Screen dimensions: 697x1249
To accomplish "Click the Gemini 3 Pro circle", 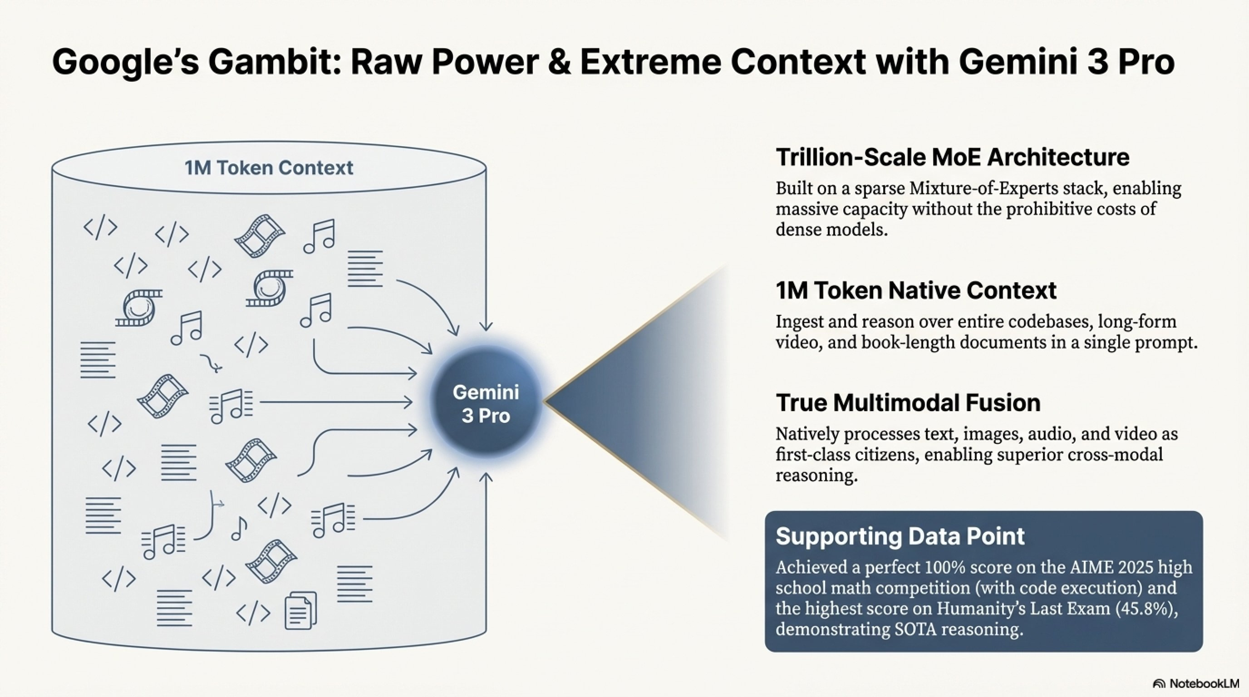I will (x=486, y=403).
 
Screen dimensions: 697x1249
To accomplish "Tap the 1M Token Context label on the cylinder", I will (x=269, y=168).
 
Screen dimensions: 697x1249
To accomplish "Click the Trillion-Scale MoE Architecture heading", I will (x=952, y=157).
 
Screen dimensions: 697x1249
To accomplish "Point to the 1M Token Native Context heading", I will (x=916, y=290).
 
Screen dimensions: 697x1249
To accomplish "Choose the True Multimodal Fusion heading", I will (x=908, y=403).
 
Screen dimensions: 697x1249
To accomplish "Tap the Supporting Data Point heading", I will (x=900, y=536).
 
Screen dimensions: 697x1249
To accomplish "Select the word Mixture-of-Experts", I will (x=983, y=188).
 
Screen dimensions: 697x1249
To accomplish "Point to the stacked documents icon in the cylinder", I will (x=300, y=611).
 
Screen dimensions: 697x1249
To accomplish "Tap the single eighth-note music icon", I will (x=239, y=528).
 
